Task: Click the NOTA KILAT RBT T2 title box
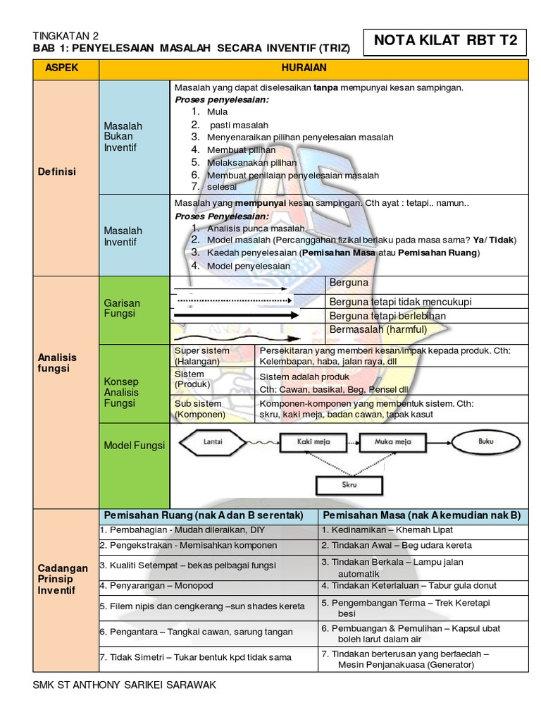445,41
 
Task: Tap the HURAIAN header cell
313,68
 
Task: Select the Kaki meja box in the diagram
309,442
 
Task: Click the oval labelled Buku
485,442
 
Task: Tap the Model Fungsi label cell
134,445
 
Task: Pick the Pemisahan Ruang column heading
208,515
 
